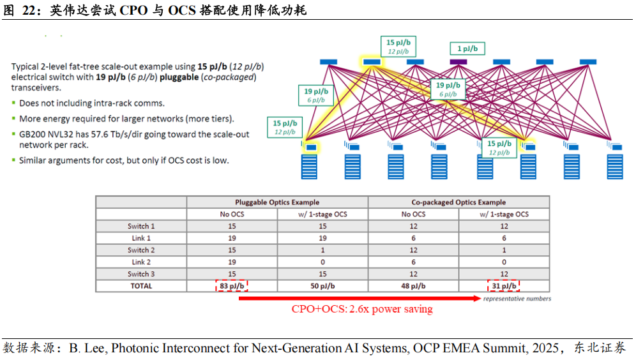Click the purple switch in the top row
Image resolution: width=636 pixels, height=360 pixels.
[x=457, y=61]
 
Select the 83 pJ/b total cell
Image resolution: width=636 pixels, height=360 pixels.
[x=232, y=286]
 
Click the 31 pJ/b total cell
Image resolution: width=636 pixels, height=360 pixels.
[x=504, y=286]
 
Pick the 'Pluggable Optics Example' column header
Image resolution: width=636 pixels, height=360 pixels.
[x=277, y=202]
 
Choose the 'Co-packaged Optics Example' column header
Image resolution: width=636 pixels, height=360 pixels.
[x=458, y=202]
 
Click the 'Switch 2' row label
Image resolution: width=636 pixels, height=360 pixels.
[x=141, y=250]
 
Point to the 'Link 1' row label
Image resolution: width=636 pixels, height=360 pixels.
[x=141, y=238]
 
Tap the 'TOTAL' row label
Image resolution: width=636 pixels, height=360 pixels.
[x=141, y=286]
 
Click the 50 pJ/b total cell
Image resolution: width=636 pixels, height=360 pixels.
[x=322, y=286]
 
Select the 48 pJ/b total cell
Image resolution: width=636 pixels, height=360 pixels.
[x=413, y=286]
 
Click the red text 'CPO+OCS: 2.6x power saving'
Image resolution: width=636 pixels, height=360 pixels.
[x=362, y=310]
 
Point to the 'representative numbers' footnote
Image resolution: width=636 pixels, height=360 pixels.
[x=517, y=298]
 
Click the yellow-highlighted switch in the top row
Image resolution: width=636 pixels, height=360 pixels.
[x=371, y=61]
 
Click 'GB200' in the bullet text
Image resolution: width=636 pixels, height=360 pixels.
[x=31, y=135]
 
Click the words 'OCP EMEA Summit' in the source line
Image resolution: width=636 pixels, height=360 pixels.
[x=453, y=349]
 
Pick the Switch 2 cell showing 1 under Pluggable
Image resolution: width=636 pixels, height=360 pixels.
[x=322, y=250]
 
